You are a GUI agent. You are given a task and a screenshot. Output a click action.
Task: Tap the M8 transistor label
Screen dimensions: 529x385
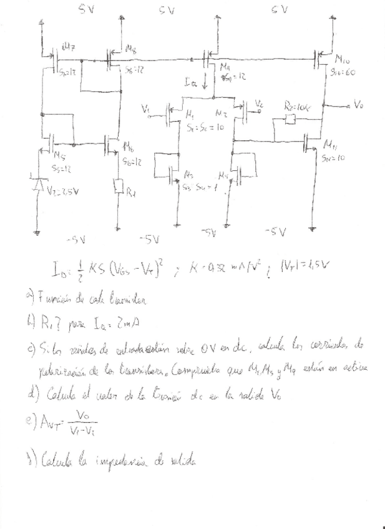(131, 48)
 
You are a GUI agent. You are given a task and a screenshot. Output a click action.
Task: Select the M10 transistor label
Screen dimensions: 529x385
(342, 59)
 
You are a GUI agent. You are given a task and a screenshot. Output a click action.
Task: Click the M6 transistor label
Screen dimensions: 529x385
(128, 147)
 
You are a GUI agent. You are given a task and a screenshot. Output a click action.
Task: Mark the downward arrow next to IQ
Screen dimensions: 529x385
(205, 82)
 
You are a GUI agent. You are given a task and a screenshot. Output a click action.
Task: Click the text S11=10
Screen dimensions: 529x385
(333, 159)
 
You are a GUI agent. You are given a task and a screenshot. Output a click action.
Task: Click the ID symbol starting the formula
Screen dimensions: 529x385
(61, 269)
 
